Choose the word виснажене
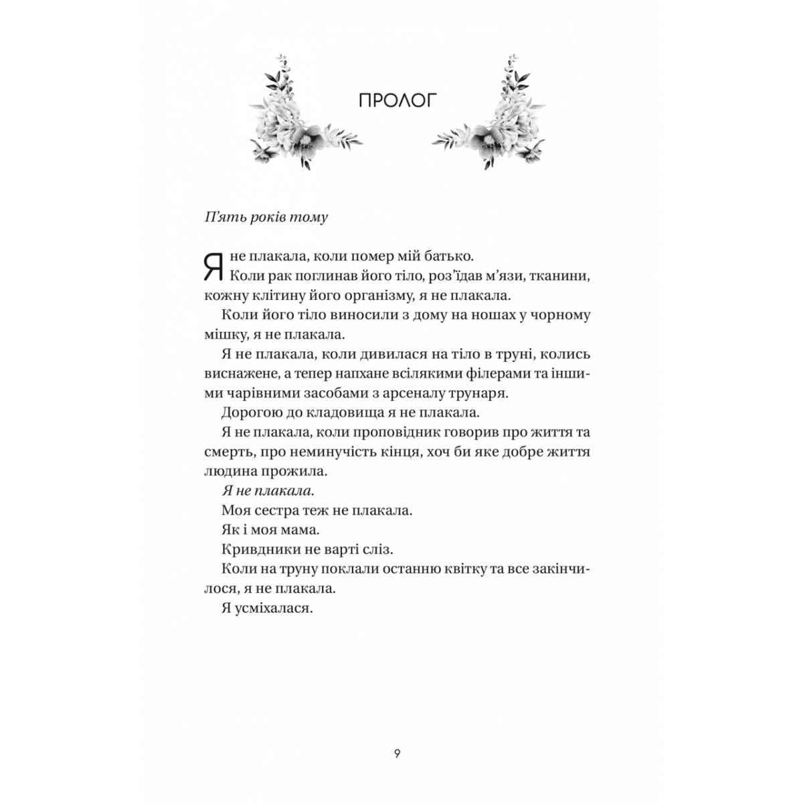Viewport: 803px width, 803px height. (x=240, y=373)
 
